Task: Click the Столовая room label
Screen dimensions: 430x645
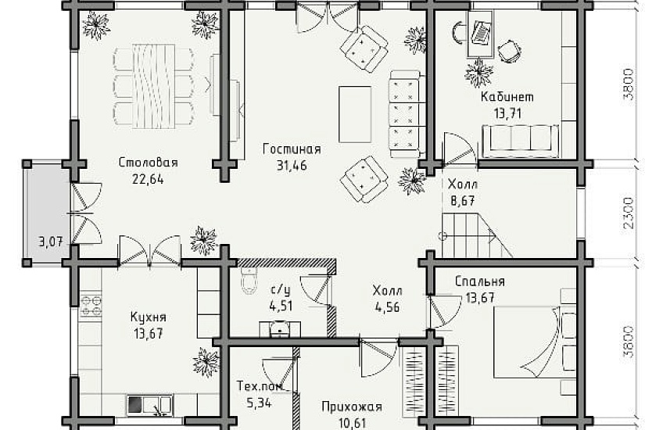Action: [x=148, y=163]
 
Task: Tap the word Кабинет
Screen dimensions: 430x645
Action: [x=507, y=98]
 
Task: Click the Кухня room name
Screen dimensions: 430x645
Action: [x=148, y=317]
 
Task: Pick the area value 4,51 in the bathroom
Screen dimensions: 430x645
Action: [x=281, y=306]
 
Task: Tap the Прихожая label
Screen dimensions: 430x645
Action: [x=351, y=407]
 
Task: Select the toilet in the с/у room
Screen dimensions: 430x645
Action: [x=249, y=279]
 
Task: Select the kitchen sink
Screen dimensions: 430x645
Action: [x=149, y=404]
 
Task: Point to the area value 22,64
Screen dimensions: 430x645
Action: [x=148, y=177]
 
